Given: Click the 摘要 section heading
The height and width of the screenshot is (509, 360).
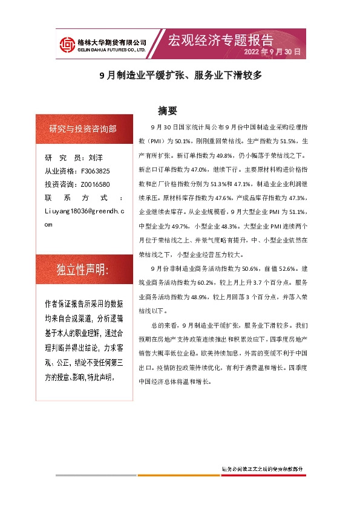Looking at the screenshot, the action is (x=167, y=111).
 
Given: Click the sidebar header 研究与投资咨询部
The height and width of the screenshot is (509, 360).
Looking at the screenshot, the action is (x=83, y=129).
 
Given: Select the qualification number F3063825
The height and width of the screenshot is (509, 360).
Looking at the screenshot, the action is (x=95, y=171).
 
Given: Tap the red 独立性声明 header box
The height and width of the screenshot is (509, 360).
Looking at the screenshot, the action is (x=83, y=270).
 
